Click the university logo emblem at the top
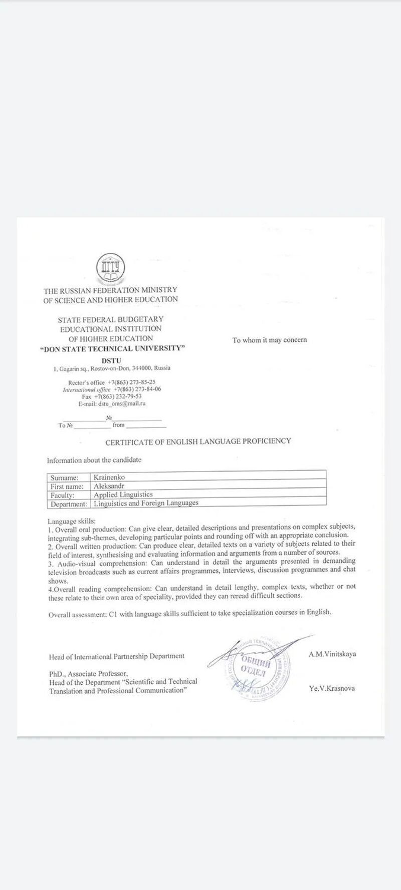(x=110, y=269)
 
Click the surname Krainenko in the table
(x=109, y=478)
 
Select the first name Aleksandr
(x=109, y=486)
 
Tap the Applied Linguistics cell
(x=123, y=495)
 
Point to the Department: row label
(x=69, y=504)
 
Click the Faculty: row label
(x=63, y=495)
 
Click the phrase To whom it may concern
(x=270, y=340)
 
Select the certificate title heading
(x=198, y=441)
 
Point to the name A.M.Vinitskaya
(x=332, y=654)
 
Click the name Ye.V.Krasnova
(x=332, y=688)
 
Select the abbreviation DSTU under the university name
(x=111, y=360)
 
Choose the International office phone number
(x=137, y=389)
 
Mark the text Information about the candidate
(x=94, y=460)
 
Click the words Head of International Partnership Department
(x=117, y=656)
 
